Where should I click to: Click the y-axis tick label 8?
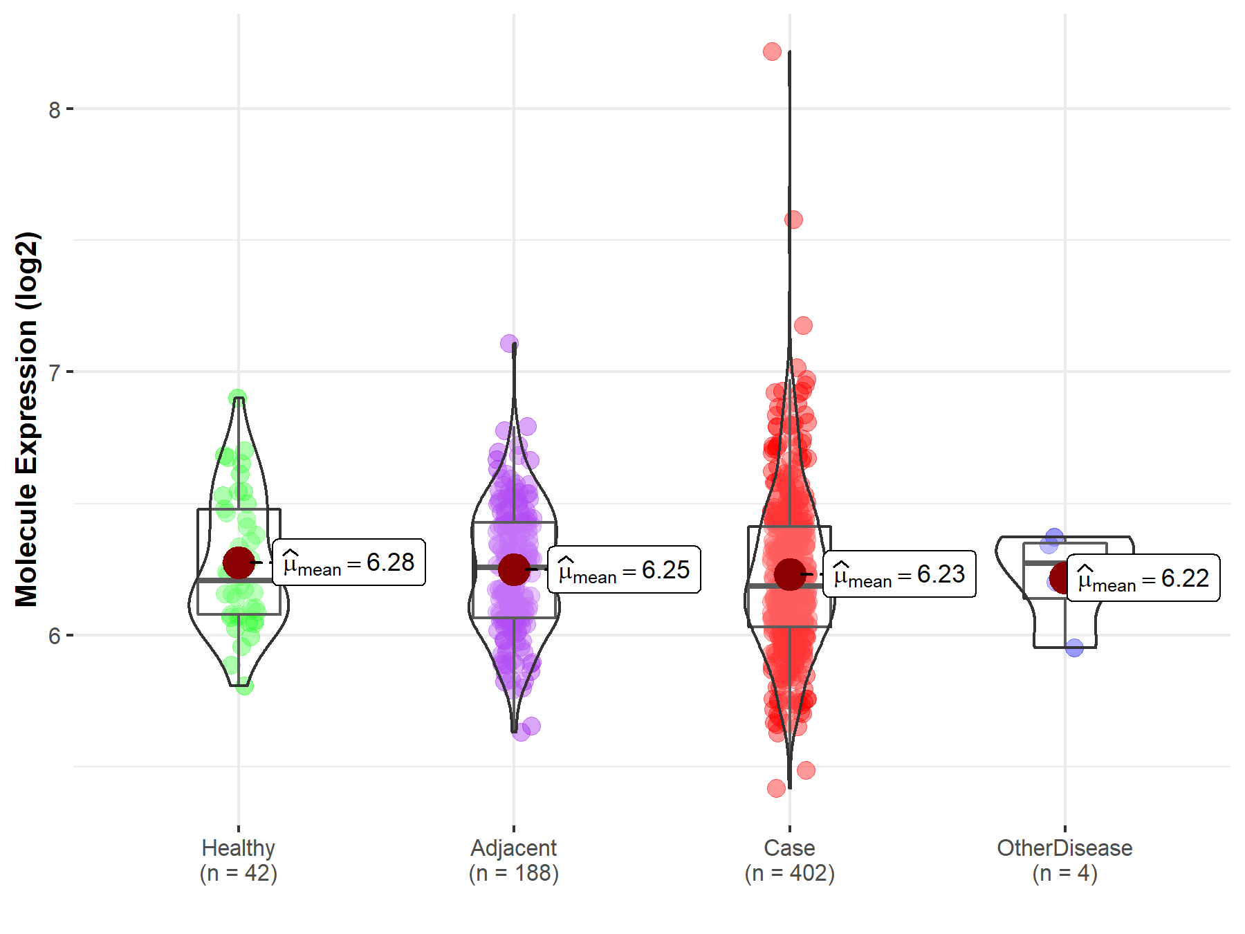[55, 109]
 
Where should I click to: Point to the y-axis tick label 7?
[55, 372]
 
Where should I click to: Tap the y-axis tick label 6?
[55, 636]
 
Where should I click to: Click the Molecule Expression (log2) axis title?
[27, 419]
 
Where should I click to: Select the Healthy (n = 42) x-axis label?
[239, 860]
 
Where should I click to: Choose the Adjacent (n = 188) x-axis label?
[514, 860]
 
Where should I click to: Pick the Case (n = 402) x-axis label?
[790, 860]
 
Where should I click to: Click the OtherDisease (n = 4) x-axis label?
[1064, 860]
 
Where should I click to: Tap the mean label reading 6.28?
[349, 562]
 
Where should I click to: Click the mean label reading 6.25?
[624, 570]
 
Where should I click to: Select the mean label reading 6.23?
[899, 574]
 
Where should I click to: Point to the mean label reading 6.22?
[1143, 578]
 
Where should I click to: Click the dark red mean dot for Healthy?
[239, 562]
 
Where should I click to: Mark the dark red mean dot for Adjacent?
[514, 569]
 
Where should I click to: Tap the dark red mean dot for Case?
[790, 574]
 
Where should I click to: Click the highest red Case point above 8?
[773, 51]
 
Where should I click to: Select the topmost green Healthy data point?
[238, 399]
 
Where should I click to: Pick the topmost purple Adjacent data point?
[509, 343]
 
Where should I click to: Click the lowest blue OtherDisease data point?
[1074, 648]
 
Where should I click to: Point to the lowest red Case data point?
[776, 788]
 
